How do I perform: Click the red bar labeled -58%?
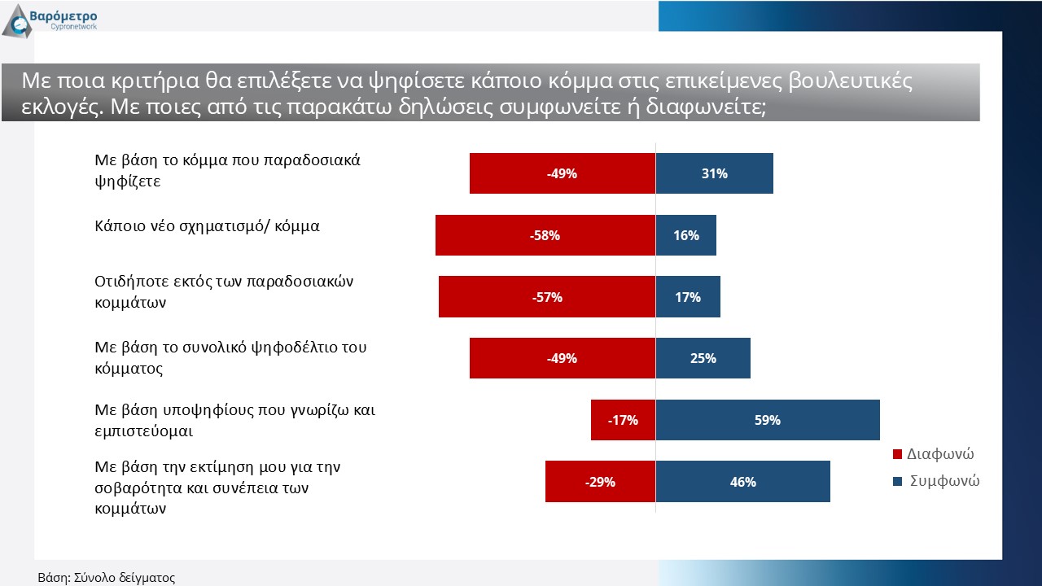tap(545, 235)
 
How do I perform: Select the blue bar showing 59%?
tap(768, 420)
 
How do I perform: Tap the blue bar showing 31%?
tap(715, 173)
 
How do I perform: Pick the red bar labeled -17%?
tap(623, 420)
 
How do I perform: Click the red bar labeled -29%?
tap(600, 481)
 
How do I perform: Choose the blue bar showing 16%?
tap(686, 235)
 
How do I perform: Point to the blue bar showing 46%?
tap(743, 481)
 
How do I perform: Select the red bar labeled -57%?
tap(547, 296)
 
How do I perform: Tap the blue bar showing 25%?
tap(703, 358)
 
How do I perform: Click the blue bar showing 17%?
tap(688, 296)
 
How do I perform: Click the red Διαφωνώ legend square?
tap(898, 454)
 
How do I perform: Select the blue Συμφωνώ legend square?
tap(898, 481)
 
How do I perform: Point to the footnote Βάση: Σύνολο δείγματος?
tap(107, 578)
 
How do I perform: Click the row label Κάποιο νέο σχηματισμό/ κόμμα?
tap(208, 226)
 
